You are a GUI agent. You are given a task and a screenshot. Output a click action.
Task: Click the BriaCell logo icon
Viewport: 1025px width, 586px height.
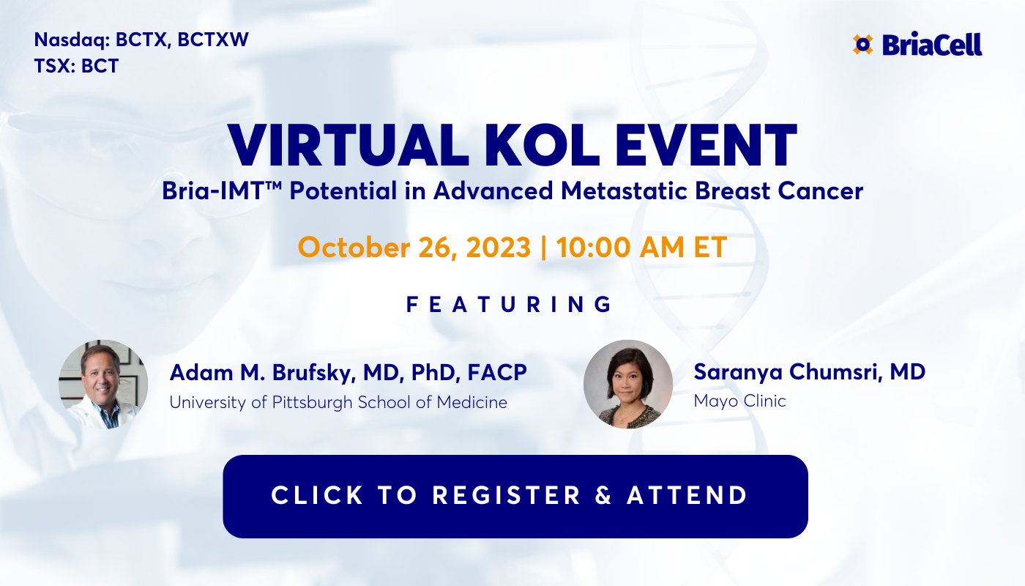pyautogui.click(x=863, y=45)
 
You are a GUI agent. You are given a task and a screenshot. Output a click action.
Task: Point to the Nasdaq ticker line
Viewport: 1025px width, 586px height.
pyautogui.click(x=141, y=40)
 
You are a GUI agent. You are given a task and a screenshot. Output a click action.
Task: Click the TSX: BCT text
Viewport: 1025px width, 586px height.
pyautogui.click(x=76, y=66)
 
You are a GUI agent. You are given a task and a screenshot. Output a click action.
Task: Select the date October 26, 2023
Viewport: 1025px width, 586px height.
pyautogui.click(x=414, y=247)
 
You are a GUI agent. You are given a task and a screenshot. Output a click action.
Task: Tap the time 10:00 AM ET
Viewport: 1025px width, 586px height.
pyautogui.click(x=641, y=247)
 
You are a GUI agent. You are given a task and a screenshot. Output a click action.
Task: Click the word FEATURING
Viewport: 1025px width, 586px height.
pyautogui.click(x=510, y=305)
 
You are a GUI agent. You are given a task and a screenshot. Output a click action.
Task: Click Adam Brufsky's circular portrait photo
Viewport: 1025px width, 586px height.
pyautogui.click(x=103, y=385)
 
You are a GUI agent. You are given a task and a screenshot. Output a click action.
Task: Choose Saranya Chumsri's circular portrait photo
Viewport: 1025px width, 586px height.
pyautogui.click(x=627, y=385)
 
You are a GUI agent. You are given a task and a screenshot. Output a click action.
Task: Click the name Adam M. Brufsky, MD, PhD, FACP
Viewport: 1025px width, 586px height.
pyautogui.click(x=348, y=372)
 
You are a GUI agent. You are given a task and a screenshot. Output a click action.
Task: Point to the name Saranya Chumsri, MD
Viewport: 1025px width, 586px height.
pyautogui.click(x=810, y=371)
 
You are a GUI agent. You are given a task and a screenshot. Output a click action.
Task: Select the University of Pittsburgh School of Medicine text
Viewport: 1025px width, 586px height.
pyautogui.click(x=338, y=402)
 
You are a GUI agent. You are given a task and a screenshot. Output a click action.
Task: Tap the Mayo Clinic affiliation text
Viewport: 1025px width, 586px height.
pyautogui.click(x=739, y=401)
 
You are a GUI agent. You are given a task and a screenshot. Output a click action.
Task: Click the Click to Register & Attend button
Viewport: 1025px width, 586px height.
pyautogui.click(x=515, y=496)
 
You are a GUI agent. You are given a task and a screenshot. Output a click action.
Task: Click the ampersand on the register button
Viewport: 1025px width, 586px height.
pyautogui.click(x=603, y=496)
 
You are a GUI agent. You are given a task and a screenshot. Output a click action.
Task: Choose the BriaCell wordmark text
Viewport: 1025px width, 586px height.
pyautogui.click(x=932, y=45)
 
